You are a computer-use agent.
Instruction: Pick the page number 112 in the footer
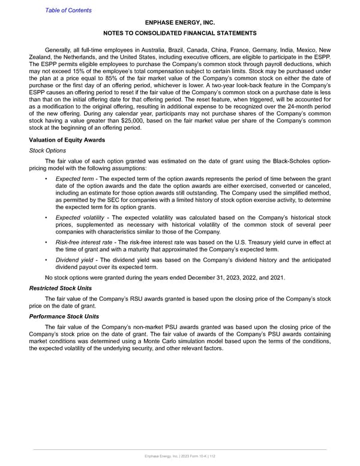coord(212,458)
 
